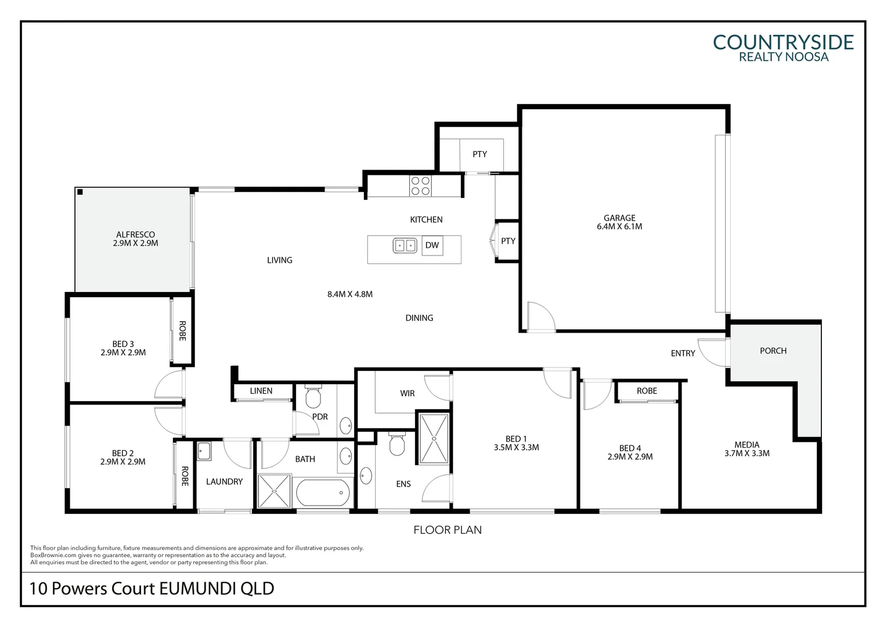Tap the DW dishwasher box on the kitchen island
[432, 245]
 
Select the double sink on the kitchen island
[405, 246]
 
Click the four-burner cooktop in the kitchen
[420, 186]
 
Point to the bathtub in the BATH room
[324, 493]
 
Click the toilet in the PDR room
[313, 397]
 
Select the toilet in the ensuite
[397, 445]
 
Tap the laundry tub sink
[204, 451]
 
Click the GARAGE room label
[619, 218]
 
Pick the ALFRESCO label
[135, 235]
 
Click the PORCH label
[773, 351]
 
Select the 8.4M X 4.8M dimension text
[349, 294]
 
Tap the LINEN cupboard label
[261, 391]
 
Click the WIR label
[407, 394]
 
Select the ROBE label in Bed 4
[647, 391]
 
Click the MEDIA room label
[747, 445]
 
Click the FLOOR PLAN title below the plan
[447, 529]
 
